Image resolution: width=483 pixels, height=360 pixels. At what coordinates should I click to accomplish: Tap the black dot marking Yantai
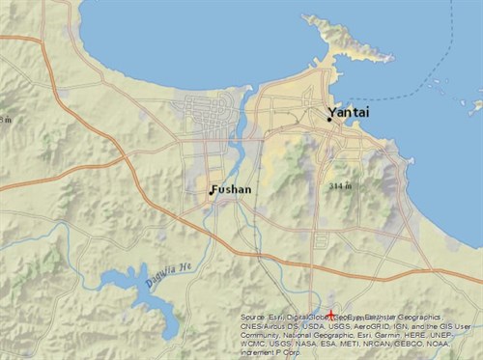(x=329, y=120)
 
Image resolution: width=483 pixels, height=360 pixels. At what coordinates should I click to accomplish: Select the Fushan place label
(x=233, y=189)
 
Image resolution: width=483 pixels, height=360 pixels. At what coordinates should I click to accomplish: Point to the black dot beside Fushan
(x=211, y=192)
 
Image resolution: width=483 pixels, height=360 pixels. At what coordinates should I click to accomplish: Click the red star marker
(x=330, y=315)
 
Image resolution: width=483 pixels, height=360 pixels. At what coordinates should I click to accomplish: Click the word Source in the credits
(x=253, y=317)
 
